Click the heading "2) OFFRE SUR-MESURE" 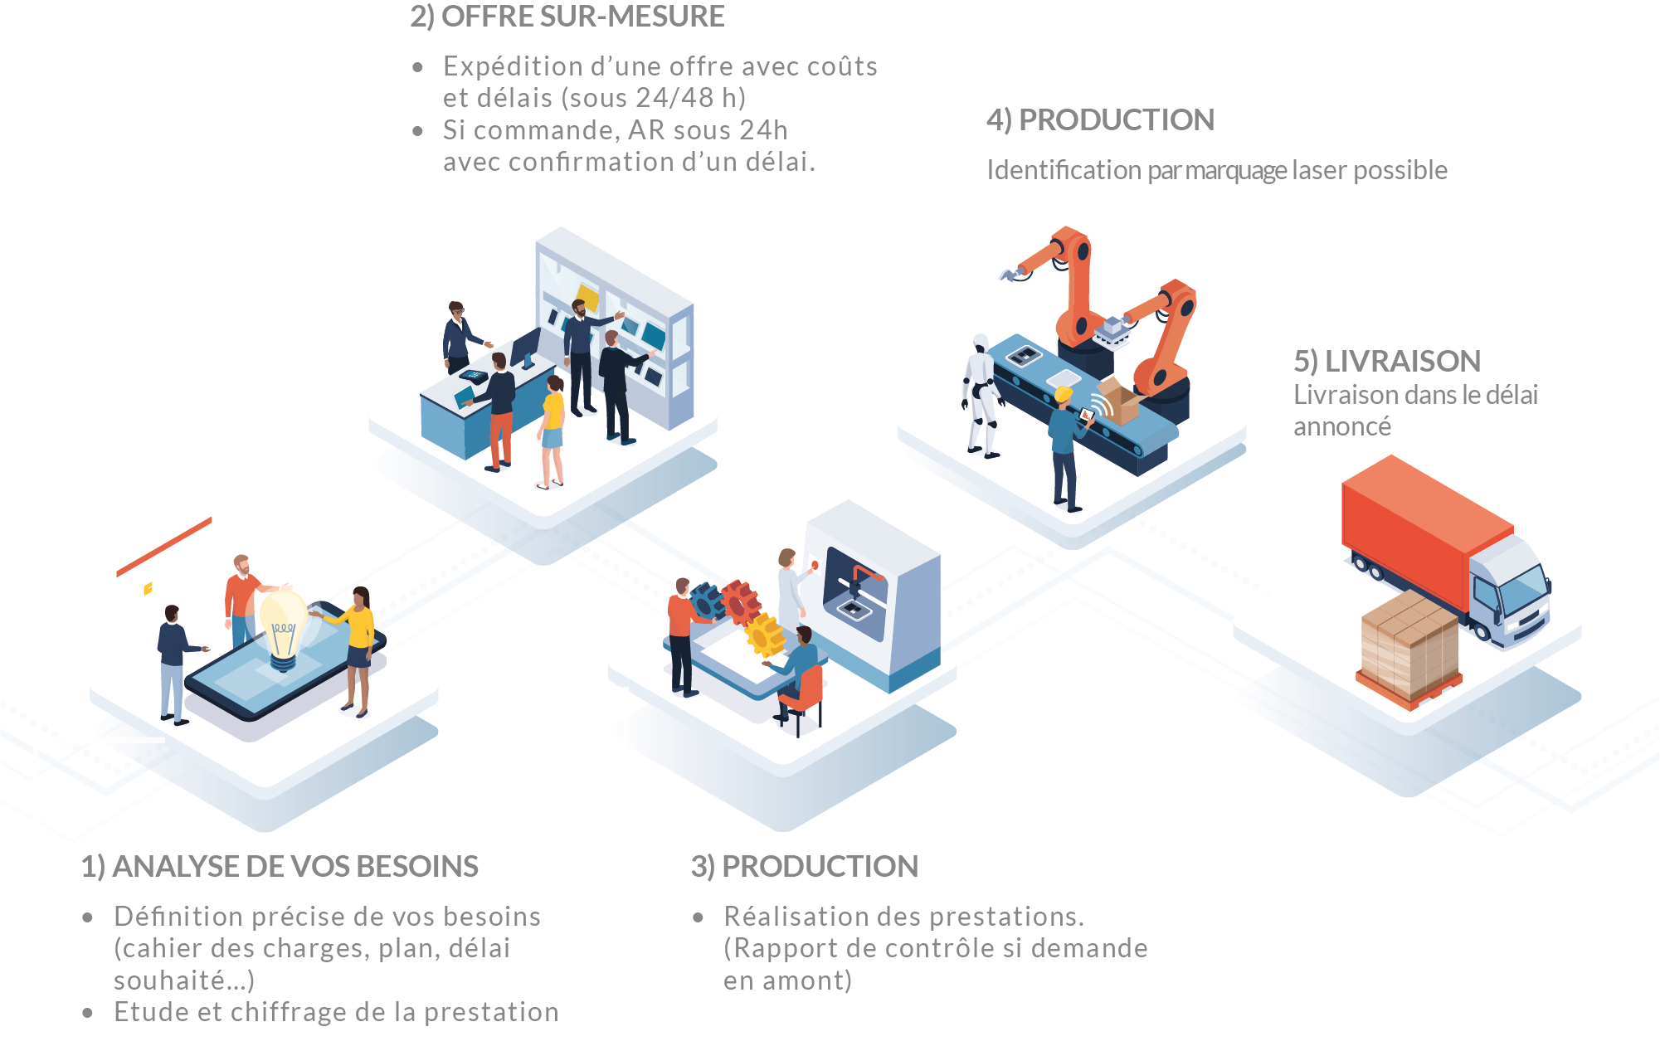pos(567,17)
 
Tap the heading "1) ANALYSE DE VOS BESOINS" pos(280,866)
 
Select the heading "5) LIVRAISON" pos(1386,361)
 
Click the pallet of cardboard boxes pos(1409,647)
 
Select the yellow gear pos(764,635)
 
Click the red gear pos(739,600)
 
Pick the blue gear pos(707,599)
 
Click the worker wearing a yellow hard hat pos(1065,448)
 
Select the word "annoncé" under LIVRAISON pos(1341,426)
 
